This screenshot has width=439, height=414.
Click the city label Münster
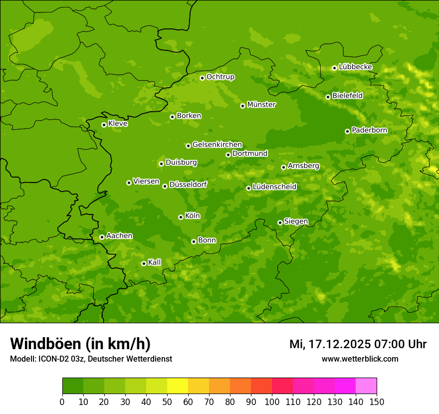pyautogui.click(x=261, y=105)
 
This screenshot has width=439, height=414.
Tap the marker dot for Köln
pyautogui.click(x=181, y=217)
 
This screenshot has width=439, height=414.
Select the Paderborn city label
pyautogui.click(x=370, y=130)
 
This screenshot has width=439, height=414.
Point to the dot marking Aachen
pyautogui.click(x=102, y=237)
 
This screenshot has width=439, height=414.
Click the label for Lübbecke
pyautogui.click(x=356, y=67)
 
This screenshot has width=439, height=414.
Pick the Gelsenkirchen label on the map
pyautogui.click(x=217, y=145)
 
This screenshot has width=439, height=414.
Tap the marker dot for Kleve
pyautogui.click(x=104, y=125)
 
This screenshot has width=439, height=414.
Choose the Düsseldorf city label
pyautogui.click(x=188, y=185)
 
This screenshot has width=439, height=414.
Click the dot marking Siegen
pyautogui.click(x=280, y=222)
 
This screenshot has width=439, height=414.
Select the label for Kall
pyautogui.click(x=155, y=262)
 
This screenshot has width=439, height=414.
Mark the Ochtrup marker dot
pyautogui.click(x=202, y=78)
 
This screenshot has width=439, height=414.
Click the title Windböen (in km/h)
pyautogui.click(x=80, y=344)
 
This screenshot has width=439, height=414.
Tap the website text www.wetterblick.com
pyautogui.click(x=360, y=359)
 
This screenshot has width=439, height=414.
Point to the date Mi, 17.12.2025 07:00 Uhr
pyautogui.click(x=358, y=344)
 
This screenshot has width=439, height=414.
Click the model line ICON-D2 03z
pyautogui.click(x=91, y=359)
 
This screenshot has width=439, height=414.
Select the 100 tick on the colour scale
pyautogui.click(x=272, y=402)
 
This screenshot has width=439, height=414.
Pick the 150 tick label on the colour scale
pyautogui.click(x=377, y=402)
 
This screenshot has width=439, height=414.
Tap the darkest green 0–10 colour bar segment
pyautogui.click(x=73, y=386)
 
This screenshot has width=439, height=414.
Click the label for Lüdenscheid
pyautogui.click(x=274, y=187)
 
